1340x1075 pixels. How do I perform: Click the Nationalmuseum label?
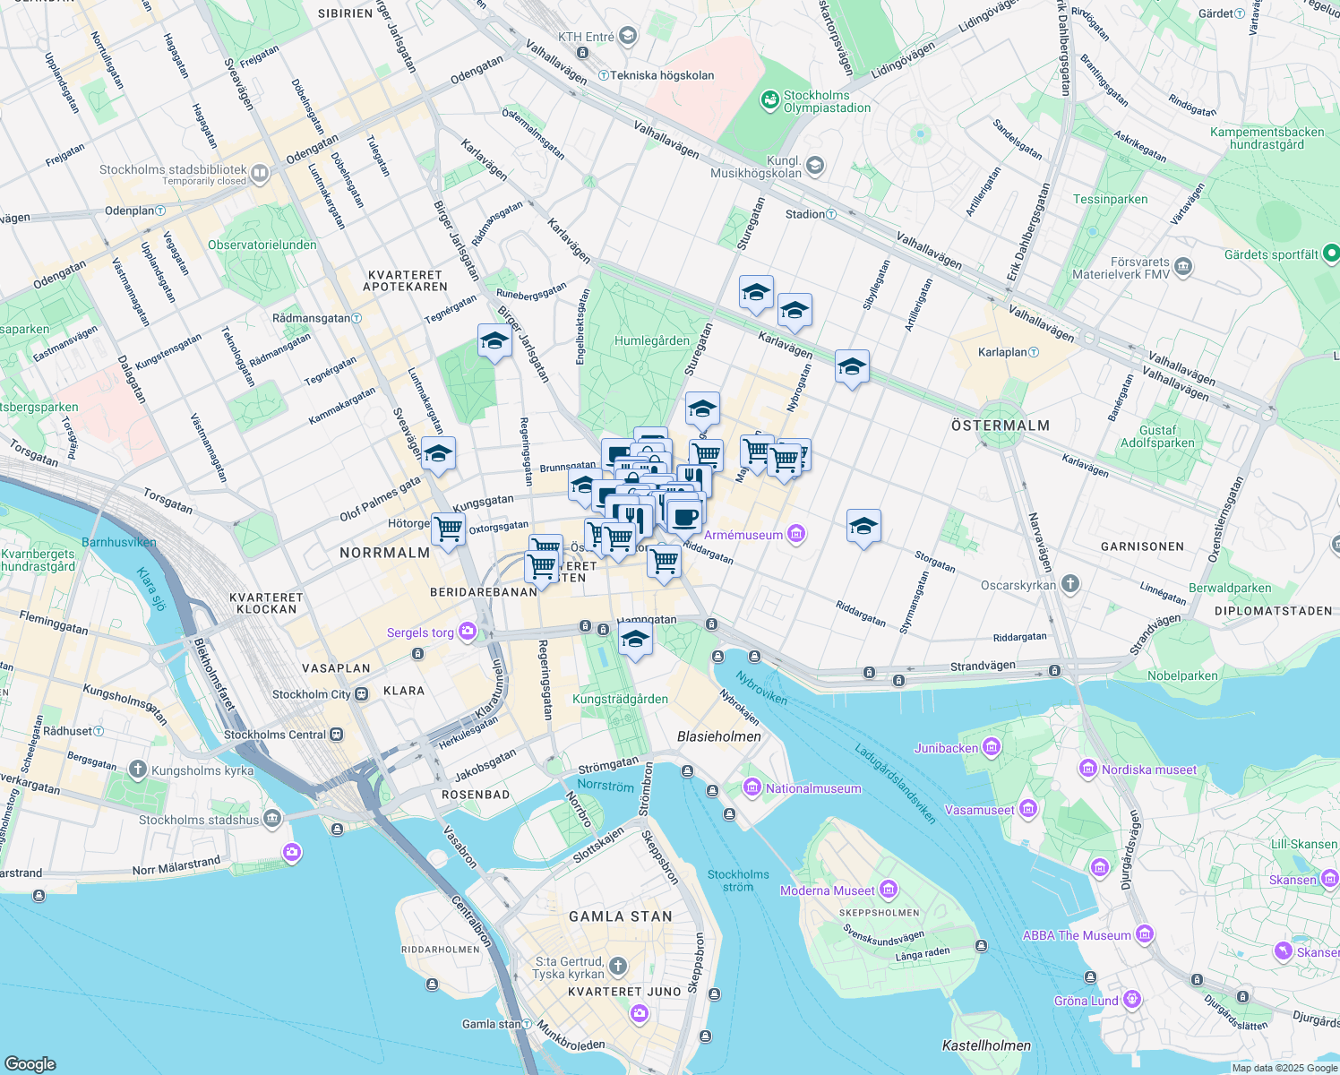coord(813,789)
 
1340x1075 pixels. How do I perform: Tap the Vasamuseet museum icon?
coord(1027,810)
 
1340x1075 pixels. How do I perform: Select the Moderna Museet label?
coord(827,890)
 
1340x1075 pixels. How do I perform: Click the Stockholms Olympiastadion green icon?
coord(770,100)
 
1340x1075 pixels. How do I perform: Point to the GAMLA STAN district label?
coord(621,916)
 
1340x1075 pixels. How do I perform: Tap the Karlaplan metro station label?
coord(1002,352)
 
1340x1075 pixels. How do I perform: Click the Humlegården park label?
coord(652,340)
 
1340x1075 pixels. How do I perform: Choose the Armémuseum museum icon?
coord(796,535)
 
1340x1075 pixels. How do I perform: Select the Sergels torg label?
coord(420,632)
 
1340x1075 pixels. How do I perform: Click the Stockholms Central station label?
coord(275,735)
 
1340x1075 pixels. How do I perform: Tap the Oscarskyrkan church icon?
coord(1069,585)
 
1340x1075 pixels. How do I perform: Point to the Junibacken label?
coord(946,748)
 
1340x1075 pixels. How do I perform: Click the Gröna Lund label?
coord(1086,1001)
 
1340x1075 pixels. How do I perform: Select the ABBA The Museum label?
coord(1077,935)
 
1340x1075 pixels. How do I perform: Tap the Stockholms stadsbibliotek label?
coord(173,169)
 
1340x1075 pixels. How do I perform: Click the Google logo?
coord(30,1063)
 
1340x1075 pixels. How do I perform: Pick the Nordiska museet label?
coord(1148,770)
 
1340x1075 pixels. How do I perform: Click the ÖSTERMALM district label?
coord(1001,426)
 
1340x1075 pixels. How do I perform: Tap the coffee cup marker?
coord(686,516)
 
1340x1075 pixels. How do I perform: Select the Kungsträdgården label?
coord(620,699)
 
